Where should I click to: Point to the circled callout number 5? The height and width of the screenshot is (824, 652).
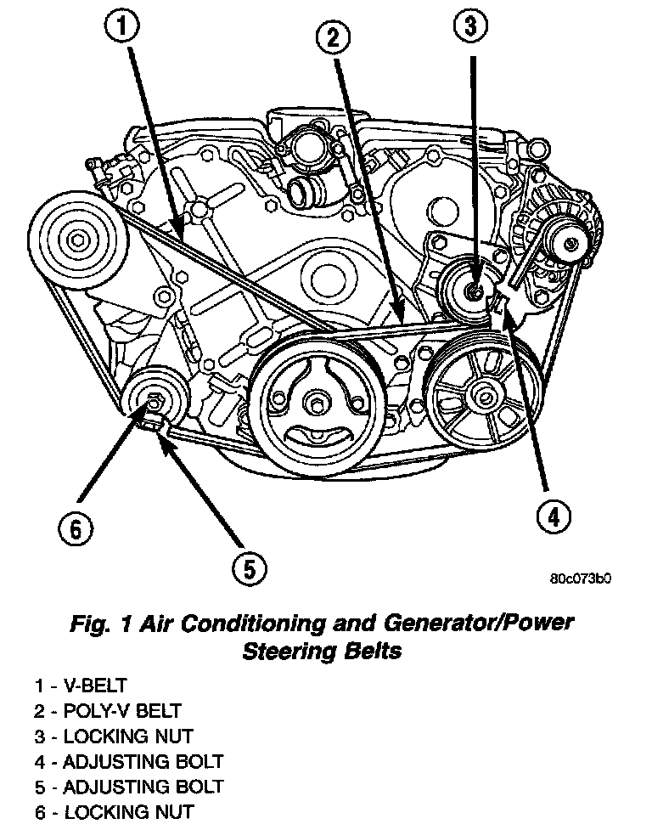pyautogui.click(x=247, y=568)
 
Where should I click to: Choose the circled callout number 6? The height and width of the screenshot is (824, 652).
pyautogui.click(x=75, y=529)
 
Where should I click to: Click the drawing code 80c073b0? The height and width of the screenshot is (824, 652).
pyautogui.click(x=581, y=580)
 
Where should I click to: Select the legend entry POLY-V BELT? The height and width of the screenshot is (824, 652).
pyautogui.click(x=108, y=709)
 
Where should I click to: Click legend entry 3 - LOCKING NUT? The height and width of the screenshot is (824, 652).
pyautogui.click(x=114, y=736)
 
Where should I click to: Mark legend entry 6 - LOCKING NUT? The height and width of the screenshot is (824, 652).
pyautogui.click(x=114, y=812)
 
